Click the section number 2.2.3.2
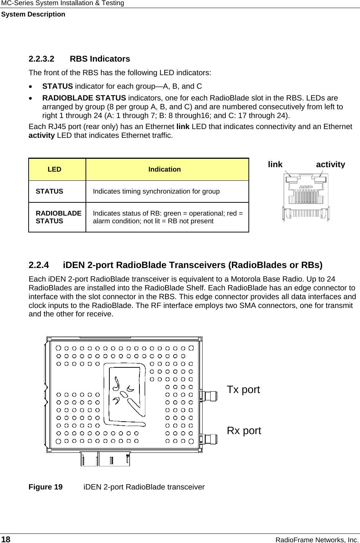41,59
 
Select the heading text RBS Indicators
100,59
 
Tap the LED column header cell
54,169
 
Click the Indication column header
164,169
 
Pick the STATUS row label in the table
50,191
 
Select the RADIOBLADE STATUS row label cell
58,217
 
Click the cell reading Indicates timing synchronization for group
156,191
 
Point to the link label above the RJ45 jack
275,164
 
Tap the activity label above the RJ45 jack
330,164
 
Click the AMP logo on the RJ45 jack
306,187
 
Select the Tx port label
243,389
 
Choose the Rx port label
244,430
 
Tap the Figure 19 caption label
46,487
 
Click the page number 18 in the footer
6,539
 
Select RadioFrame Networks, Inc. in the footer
317,540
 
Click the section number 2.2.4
39,265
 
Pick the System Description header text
33,14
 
